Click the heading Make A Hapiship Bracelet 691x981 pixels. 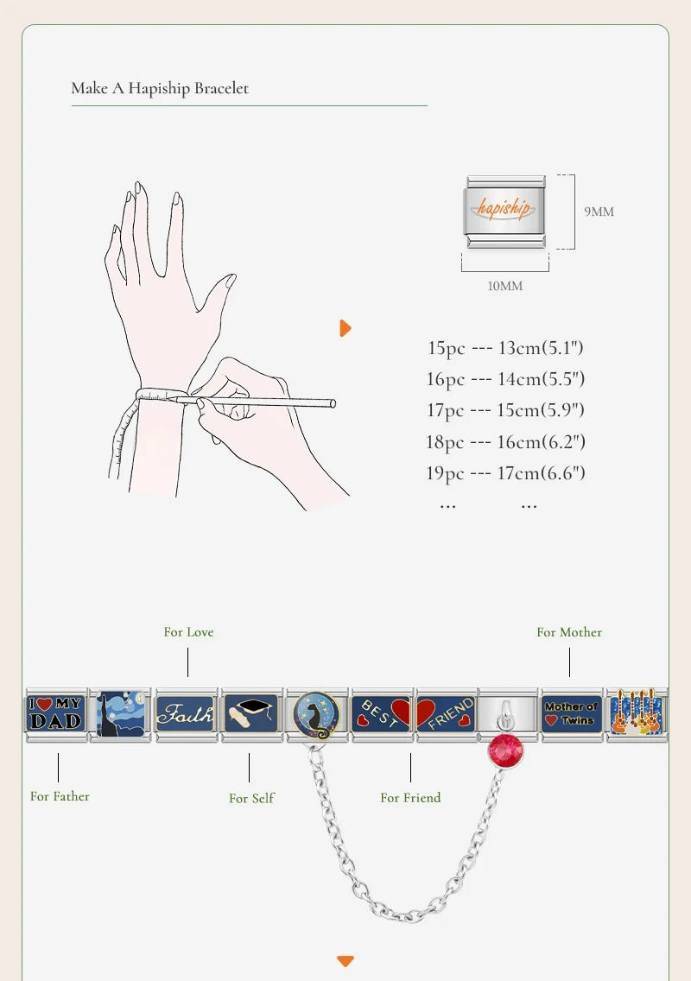pos(160,88)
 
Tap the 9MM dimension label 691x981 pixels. pos(599,212)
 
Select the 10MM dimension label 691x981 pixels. pos(505,286)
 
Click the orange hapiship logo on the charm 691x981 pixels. pos(504,208)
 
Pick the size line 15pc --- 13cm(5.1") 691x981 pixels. pos(505,348)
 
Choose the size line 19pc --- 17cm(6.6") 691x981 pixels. pos(505,473)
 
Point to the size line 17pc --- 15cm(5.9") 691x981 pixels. pos(505,410)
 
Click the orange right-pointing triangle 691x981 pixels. pos(345,328)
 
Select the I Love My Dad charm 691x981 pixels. pos(56,714)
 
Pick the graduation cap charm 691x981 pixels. pos(251,714)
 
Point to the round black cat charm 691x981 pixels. pos(317,714)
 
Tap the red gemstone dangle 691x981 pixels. pos(506,750)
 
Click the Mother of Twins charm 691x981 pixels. pos(571,714)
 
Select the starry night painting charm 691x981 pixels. pos(122,714)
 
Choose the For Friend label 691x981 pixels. pos(410,798)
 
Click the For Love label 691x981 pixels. pos(188,632)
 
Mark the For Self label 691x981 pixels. pos(251,798)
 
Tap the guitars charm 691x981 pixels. pos(637,714)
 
